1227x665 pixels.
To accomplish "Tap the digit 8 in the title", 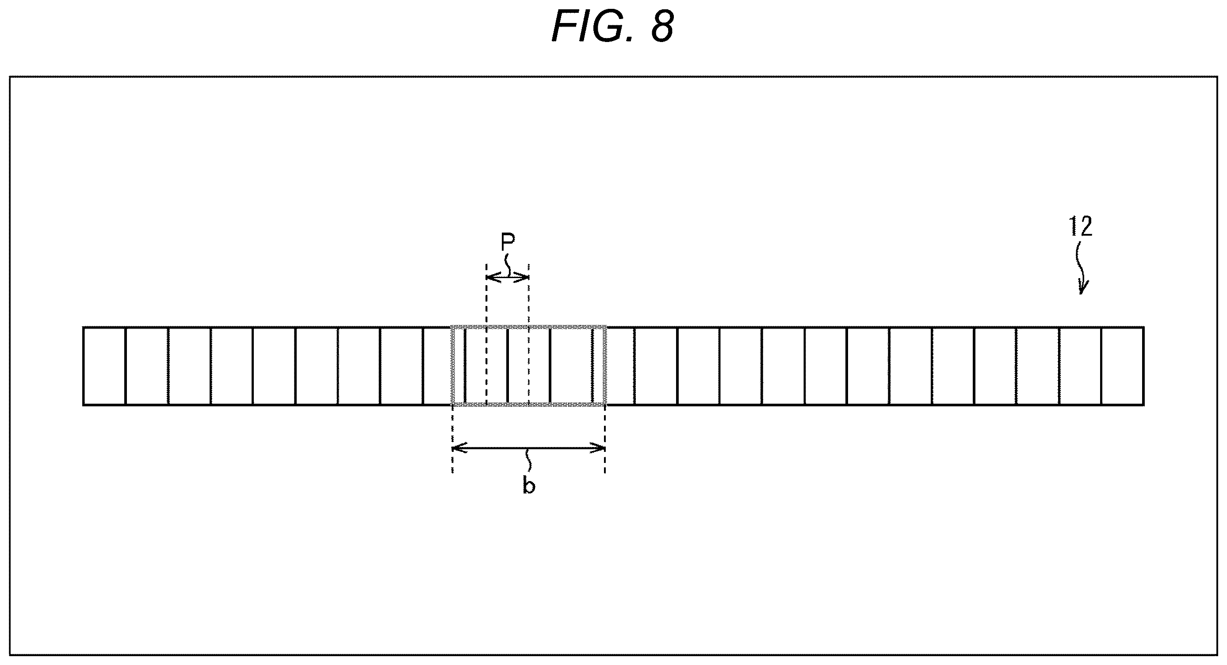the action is tap(662, 27).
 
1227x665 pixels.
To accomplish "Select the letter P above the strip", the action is tap(508, 242).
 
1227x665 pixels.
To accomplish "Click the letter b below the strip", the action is tap(529, 485).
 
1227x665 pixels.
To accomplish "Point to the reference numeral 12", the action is tap(1080, 226).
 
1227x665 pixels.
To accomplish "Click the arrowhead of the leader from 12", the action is tap(1083, 288).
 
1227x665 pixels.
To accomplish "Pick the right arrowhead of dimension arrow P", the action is tap(524, 277).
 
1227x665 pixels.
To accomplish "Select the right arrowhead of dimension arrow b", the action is tap(599, 447).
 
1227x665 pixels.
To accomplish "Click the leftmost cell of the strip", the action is tap(104, 366).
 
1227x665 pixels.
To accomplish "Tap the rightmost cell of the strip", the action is tap(1123, 366).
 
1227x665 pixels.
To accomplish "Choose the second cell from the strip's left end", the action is tap(147, 366).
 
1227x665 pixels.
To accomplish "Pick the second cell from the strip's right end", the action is tap(1080, 366).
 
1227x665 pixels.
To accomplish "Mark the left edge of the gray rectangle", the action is tap(453, 366).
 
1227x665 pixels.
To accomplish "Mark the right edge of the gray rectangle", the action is tap(605, 366).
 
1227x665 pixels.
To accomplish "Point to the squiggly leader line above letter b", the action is tap(528, 461).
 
